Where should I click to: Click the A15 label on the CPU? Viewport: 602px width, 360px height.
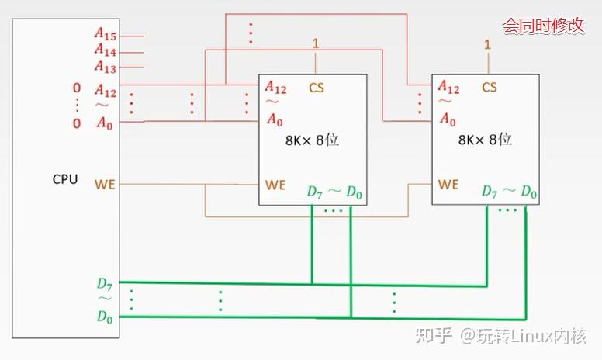(106, 35)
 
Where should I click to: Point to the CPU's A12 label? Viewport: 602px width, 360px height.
(106, 92)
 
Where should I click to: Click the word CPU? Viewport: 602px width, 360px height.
(65, 179)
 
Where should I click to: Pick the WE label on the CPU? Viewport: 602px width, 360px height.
(105, 185)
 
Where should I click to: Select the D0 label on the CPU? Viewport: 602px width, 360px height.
(105, 316)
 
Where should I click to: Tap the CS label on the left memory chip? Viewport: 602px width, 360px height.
(317, 88)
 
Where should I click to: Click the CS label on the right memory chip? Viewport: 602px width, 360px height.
(489, 88)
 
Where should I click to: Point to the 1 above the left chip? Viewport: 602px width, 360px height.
(315, 43)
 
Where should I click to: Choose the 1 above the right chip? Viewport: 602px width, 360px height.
(487, 43)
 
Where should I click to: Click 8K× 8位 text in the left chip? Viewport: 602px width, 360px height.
(313, 141)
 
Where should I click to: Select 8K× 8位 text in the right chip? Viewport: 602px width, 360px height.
(485, 140)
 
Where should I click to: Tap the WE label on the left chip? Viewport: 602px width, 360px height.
(275, 185)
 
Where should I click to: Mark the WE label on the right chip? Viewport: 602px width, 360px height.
(448, 185)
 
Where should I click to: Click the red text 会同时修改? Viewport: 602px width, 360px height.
(543, 26)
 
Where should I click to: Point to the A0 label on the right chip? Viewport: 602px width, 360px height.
(448, 120)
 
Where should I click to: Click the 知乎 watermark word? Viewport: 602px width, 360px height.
(434, 336)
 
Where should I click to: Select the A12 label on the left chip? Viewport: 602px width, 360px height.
(275, 88)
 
